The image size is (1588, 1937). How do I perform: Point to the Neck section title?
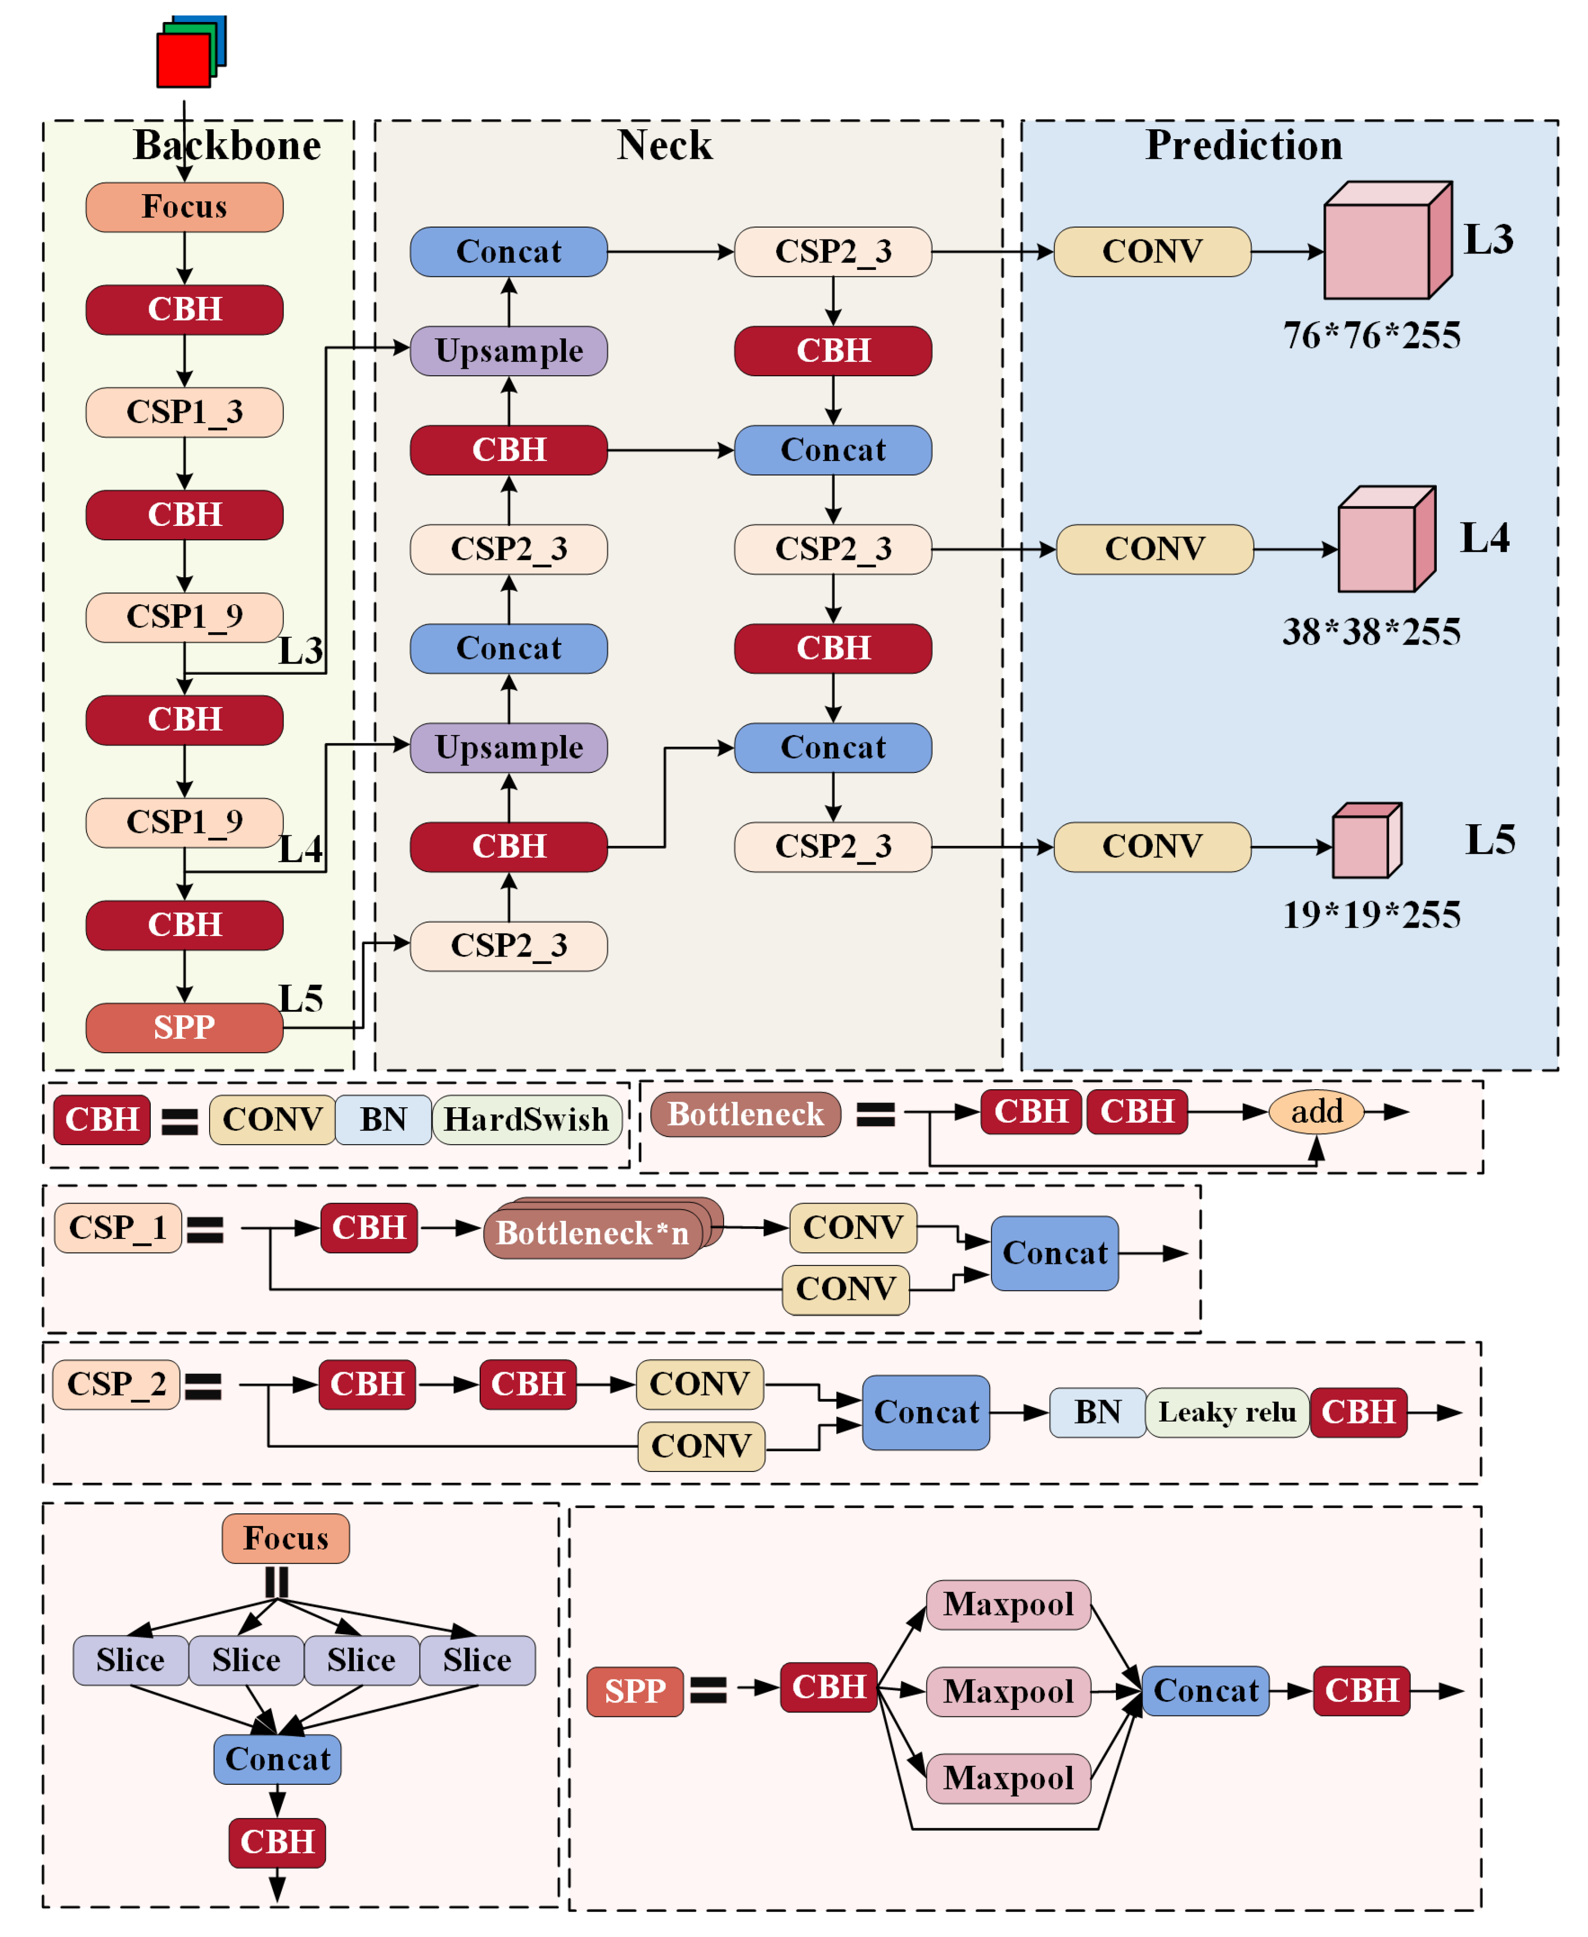coord(664,145)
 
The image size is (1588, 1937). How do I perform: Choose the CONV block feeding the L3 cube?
coord(1152,251)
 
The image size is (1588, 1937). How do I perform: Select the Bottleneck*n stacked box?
coord(593,1233)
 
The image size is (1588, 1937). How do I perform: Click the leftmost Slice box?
coord(131,1660)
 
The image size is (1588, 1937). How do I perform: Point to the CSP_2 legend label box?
coord(116,1385)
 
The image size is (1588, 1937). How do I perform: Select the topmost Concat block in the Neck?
coord(509,251)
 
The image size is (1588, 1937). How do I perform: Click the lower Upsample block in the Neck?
coord(509,748)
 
